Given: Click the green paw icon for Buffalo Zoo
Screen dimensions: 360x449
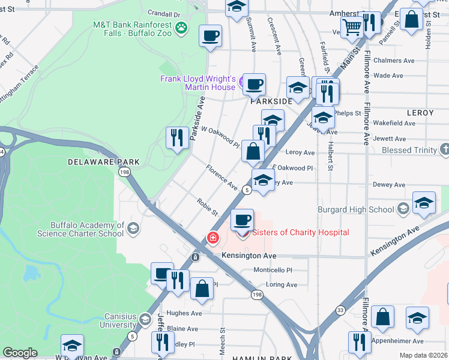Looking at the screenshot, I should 181,27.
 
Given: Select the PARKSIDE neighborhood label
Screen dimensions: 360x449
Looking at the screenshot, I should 271,102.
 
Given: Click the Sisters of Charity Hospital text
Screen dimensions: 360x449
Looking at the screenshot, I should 301,233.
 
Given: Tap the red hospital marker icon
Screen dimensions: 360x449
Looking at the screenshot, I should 212,239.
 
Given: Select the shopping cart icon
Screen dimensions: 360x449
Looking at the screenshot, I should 351,25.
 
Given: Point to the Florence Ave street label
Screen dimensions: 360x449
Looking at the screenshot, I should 222,179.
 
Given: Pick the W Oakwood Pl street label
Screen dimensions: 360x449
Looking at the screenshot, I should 220,137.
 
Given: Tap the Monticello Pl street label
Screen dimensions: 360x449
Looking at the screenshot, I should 273,271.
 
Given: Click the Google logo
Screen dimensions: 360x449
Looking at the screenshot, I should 20,353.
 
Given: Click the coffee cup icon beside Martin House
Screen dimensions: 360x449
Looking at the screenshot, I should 254,84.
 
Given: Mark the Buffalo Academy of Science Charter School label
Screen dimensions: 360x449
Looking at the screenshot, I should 87,229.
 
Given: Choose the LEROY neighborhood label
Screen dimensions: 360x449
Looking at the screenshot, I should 420,113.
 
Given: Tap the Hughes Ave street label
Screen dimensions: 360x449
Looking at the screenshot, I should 184,313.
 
